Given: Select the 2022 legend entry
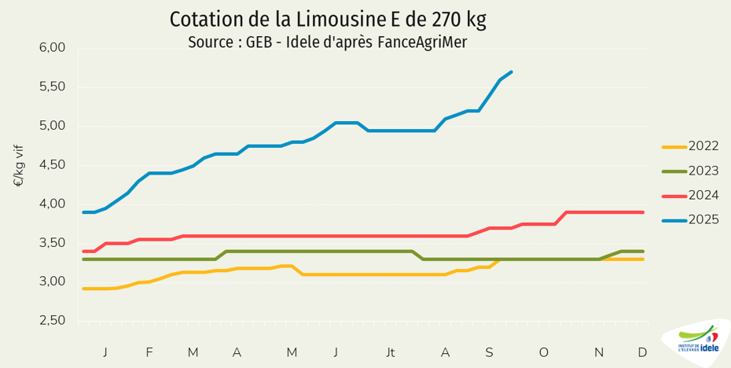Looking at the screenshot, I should point(703,146).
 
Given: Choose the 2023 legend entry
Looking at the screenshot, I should point(703,171).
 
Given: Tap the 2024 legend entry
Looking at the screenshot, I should point(703,195).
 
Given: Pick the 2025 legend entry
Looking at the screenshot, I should point(703,219).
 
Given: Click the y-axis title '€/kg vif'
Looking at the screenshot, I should point(18,166).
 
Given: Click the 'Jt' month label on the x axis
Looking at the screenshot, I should point(391,352).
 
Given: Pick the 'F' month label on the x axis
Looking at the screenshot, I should point(149,352).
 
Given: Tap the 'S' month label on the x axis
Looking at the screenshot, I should point(489,352).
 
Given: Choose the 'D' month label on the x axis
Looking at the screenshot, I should point(642,352).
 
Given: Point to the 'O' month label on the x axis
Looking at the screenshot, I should point(543,352).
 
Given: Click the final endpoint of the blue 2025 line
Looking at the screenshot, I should point(512,72).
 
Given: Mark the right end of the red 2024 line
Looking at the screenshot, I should point(643,212).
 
